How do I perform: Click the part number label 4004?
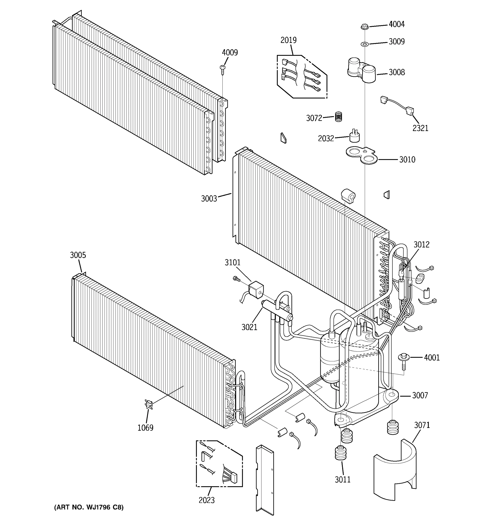[396, 24]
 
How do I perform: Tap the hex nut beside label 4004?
[364, 27]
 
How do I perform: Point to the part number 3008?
[396, 72]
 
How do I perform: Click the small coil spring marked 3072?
[339, 117]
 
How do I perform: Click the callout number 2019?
[288, 40]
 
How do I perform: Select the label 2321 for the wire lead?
[420, 128]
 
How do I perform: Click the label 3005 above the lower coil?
[78, 255]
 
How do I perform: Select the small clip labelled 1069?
[149, 404]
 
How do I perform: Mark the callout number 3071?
[422, 425]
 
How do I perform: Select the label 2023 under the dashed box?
[207, 500]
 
